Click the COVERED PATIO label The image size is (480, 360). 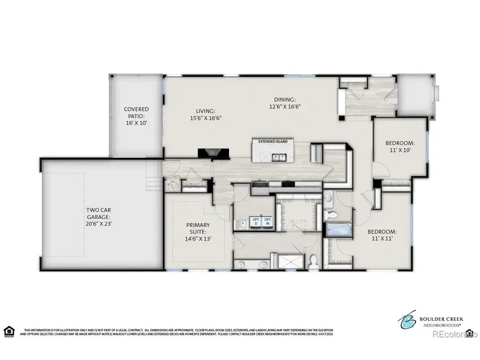pyautogui.click(x=136, y=116)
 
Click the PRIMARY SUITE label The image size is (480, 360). pyautogui.click(x=198, y=232)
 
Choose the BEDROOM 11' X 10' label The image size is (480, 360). pyautogui.click(x=400, y=147)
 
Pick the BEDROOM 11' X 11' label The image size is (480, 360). pyautogui.click(x=381, y=235)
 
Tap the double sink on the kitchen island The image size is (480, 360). pyautogui.click(x=278, y=157)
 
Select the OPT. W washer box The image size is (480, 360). pyautogui.click(x=268, y=222)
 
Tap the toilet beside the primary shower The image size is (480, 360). pyautogui.click(x=314, y=261)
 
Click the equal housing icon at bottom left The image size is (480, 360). pyautogui.click(x=9, y=331)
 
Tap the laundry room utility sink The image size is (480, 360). pyautogui.click(x=241, y=222)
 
